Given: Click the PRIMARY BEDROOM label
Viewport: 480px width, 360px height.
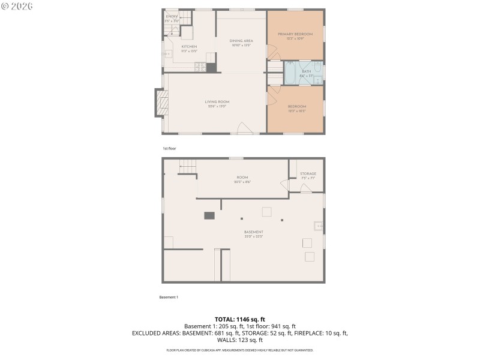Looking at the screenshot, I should (x=295, y=34).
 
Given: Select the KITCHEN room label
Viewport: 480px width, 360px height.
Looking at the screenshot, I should (x=189, y=47).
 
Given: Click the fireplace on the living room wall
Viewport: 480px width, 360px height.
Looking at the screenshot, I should (x=159, y=103).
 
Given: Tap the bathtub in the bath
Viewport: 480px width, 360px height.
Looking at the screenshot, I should (x=290, y=72).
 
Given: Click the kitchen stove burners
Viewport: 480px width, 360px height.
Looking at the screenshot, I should (x=211, y=58).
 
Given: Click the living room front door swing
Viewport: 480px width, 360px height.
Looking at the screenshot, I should (x=244, y=128).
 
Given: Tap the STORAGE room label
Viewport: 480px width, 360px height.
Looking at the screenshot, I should (x=308, y=174).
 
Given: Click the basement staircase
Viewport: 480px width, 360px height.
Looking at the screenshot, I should (x=187, y=166).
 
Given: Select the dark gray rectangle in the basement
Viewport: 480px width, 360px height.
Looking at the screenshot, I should (x=209, y=215).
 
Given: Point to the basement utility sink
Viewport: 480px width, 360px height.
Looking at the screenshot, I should (x=318, y=226).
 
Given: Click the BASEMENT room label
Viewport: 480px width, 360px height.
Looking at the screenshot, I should (x=253, y=232).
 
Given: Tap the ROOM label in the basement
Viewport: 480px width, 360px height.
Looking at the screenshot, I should (x=242, y=177).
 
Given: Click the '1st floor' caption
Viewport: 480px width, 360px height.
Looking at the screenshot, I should (x=169, y=148).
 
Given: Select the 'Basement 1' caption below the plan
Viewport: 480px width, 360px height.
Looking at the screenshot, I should (x=169, y=297).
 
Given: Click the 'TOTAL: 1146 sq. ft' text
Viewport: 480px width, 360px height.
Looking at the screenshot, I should (x=240, y=319).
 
